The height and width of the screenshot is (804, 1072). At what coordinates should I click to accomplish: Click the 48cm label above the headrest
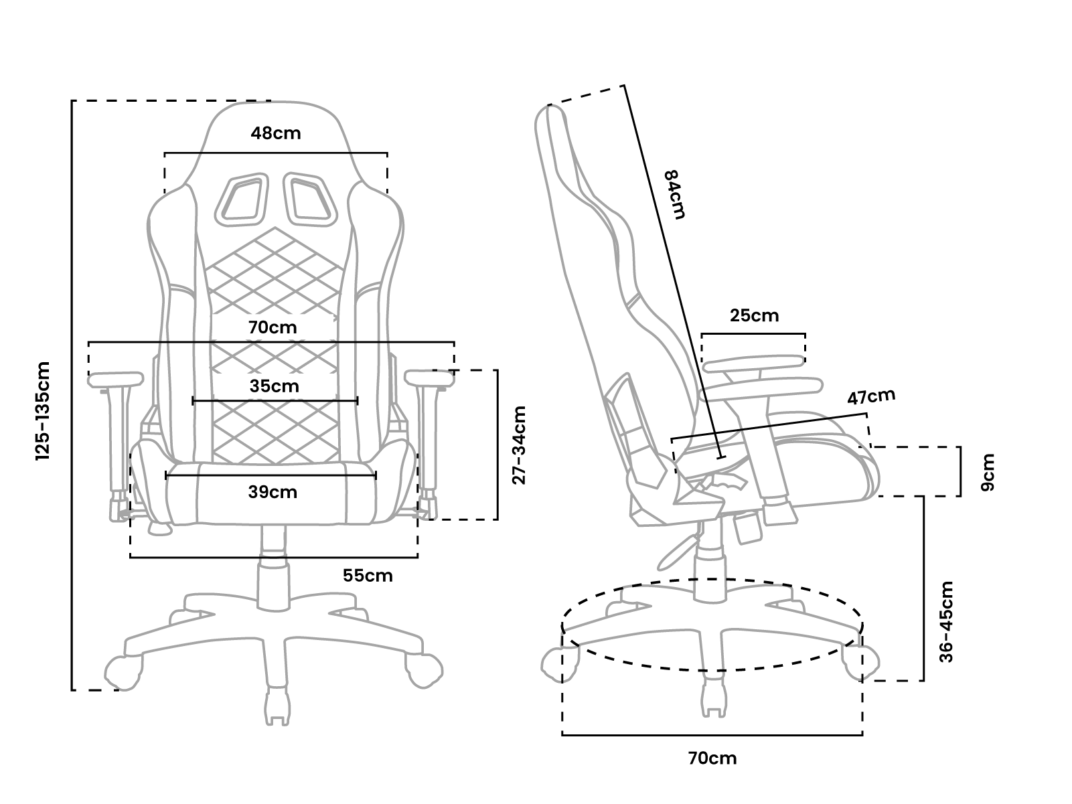tap(276, 133)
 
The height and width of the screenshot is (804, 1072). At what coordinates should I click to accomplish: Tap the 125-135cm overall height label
tap(44, 411)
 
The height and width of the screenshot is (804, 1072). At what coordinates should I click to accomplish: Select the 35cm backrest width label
tap(275, 386)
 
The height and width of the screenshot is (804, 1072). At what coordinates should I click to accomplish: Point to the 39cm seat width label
tap(273, 492)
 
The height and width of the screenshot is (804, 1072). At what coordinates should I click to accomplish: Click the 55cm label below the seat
tap(368, 575)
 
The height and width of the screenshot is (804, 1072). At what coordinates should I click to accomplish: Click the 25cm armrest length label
tap(755, 315)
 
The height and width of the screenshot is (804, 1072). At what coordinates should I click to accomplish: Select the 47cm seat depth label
tap(871, 397)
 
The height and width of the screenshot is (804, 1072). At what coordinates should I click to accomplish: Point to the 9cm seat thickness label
tap(988, 472)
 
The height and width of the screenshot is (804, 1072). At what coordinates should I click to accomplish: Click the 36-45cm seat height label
tap(945, 622)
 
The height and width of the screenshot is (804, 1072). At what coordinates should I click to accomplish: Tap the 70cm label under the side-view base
tap(712, 758)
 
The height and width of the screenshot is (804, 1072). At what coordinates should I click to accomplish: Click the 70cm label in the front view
tap(272, 327)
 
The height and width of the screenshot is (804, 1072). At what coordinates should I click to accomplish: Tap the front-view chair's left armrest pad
tap(116, 380)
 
